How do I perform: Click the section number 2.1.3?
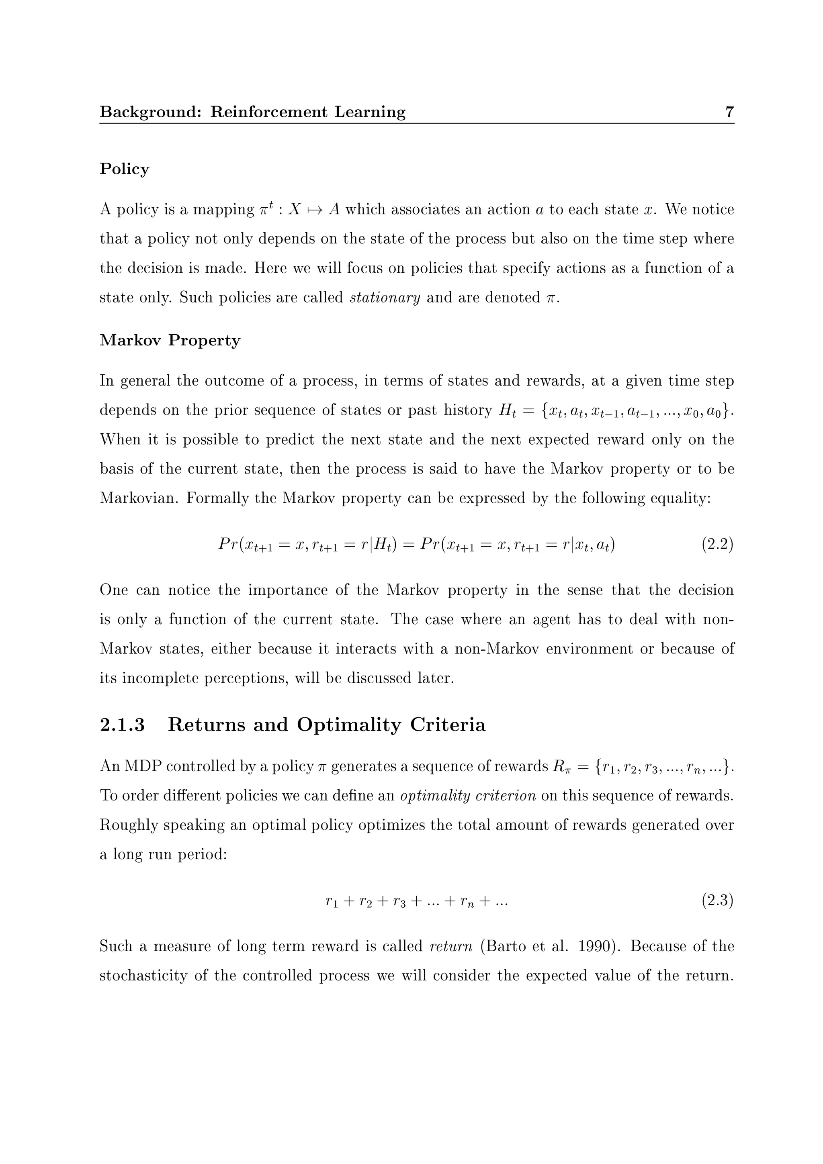click(122, 725)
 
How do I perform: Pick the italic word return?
click(451, 946)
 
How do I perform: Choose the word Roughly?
click(128, 825)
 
